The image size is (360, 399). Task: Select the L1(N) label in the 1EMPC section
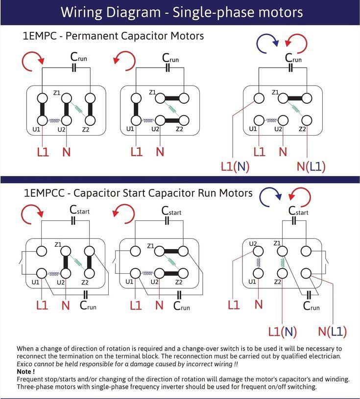[x=235, y=166]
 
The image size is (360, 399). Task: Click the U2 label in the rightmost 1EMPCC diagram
[x=253, y=243]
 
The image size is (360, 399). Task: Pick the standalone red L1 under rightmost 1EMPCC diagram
[x=234, y=305]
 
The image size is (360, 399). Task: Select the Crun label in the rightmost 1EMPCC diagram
[x=311, y=306]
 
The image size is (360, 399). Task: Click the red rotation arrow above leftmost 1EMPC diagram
[x=33, y=61]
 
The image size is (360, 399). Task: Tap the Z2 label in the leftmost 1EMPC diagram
[x=86, y=129]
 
